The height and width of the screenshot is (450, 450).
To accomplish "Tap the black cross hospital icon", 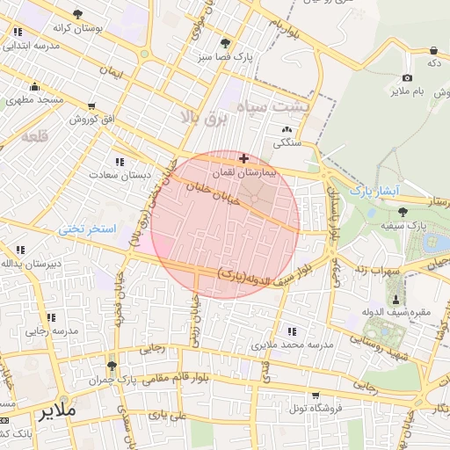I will (x=243, y=158).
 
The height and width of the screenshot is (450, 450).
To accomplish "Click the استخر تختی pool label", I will (x=87, y=229).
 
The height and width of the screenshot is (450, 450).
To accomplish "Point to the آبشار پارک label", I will (x=374, y=190).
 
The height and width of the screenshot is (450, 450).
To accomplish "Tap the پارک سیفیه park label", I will (x=405, y=226).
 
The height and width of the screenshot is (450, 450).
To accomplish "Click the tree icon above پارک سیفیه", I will (x=403, y=211).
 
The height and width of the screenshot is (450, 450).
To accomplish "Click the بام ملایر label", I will (x=410, y=91).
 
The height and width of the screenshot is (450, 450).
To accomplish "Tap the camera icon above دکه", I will (x=408, y=50).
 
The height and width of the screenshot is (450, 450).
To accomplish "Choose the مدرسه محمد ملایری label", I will (x=294, y=345).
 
